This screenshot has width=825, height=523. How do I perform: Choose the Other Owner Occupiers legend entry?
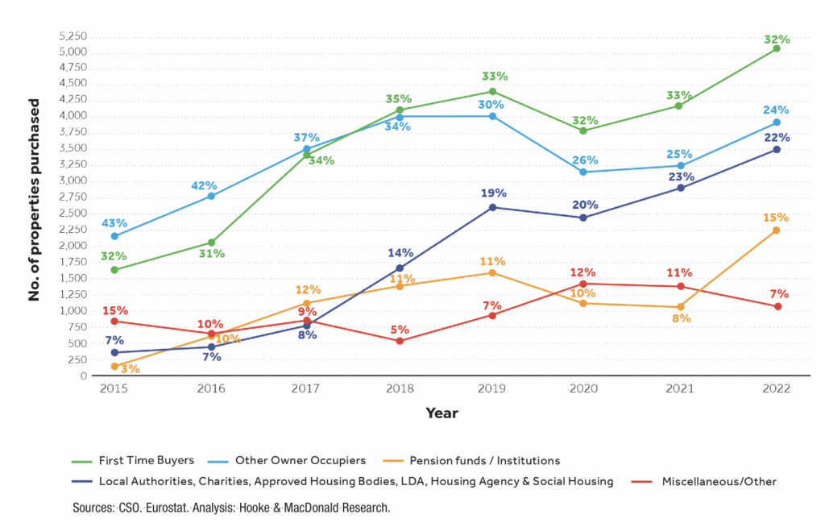point(301,461)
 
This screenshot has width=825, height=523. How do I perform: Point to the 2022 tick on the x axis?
point(777,388)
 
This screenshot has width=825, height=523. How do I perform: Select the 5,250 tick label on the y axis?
point(73,36)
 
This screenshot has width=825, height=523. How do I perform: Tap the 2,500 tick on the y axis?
point(73,214)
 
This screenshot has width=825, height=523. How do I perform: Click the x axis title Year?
point(442,413)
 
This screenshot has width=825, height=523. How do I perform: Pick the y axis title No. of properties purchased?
point(34,200)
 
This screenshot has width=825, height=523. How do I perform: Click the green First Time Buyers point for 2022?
point(777,48)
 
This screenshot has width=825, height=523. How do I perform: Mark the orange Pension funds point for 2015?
point(114,366)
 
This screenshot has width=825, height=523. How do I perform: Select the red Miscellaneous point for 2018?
point(400,341)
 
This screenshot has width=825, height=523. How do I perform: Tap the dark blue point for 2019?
point(493,207)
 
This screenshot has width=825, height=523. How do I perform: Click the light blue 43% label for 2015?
point(114,223)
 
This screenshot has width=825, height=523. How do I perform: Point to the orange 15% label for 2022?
point(776,218)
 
